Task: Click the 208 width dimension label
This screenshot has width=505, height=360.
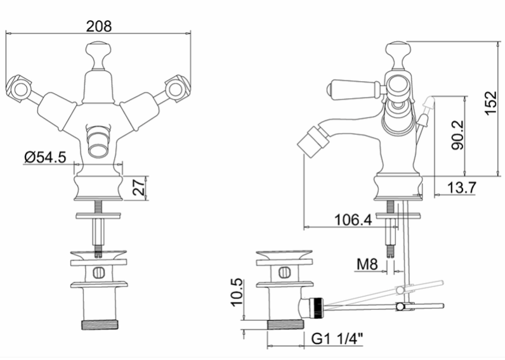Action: pyautogui.click(x=99, y=26)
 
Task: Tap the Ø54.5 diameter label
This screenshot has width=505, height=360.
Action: pyautogui.click(x=45, y=157)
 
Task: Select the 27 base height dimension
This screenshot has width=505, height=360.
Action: pyautogui.click(x=140, y=187)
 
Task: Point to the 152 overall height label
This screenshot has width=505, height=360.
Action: pyautogui.click(x=490, y=103)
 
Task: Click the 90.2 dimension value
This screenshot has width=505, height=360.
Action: pyautogui.click(x=457, y=135)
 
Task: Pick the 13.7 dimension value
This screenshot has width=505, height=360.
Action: pyautogui.click(x=461, y=187)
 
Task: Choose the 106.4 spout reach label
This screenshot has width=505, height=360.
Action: pyautogui.click(x=353, y=220)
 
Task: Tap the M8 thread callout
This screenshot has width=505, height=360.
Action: pyautogui.click(x=367, y=264)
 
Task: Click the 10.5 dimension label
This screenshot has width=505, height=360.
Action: pyautogui.click(x=238, y=292)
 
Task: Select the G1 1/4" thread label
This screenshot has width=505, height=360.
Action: pyautogui.click(x=337, y=338)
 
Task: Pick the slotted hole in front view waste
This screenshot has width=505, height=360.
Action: pyautogui.click(x=99, y=273)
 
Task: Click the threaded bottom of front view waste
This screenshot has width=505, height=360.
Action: pyautogui.click(x=99, y=325)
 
